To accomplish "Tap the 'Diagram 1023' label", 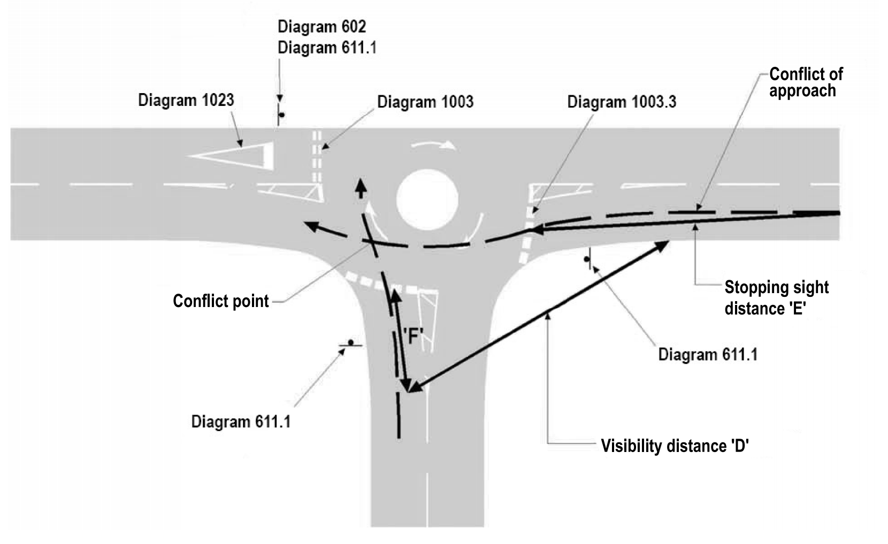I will coord(186,101).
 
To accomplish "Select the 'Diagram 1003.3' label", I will coord(621,102).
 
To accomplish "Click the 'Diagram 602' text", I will coord(322,27).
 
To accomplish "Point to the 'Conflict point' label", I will coord(220,301).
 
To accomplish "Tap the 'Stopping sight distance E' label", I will coord(776,297).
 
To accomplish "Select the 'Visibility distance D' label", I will coord(674,446).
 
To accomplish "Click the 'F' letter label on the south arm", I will coord(412,336).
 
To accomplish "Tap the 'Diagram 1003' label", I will coord(425,102).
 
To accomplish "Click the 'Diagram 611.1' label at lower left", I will coord(241,422).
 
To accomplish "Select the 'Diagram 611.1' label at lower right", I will coord(707,355).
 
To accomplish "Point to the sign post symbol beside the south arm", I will coord(350,344).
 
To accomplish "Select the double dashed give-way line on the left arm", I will coord(317,156).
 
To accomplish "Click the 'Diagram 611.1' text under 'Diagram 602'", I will coord(327,48).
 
